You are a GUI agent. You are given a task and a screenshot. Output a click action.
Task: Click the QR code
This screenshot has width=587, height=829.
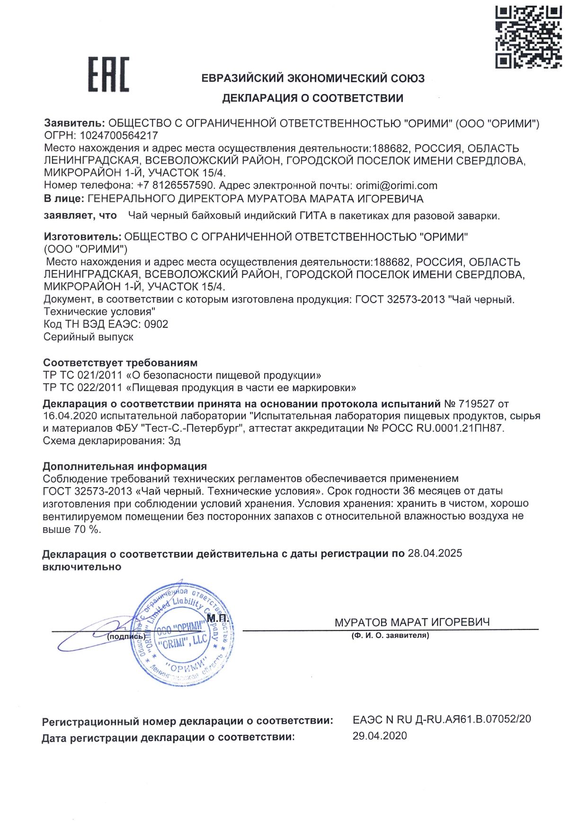(x=528, y=36)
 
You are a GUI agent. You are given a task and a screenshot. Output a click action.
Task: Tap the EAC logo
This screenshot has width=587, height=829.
(x=108, y=74)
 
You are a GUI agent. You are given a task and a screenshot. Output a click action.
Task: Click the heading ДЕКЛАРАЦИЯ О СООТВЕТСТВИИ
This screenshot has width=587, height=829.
(x=313, y=98)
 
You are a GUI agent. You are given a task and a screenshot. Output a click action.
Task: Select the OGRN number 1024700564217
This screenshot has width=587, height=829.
(x=119, y=136)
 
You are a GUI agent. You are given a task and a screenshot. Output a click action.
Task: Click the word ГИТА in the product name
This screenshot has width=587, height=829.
(x=313, y=216)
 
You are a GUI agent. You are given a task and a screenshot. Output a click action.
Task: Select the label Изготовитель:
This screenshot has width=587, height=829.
(x=82, y=236)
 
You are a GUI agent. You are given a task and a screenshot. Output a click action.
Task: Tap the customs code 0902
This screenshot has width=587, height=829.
(x=156, y=324)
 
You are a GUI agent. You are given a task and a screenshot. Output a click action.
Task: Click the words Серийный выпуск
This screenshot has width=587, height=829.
(x=88, y=337)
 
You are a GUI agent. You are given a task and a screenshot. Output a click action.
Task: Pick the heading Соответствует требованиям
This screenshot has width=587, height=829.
(x=120, y=363)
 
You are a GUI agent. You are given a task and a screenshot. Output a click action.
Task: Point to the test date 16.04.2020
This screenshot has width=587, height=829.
(x=70, y=416)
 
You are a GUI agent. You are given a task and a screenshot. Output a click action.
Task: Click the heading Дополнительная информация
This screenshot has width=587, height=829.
(x=125, y=466)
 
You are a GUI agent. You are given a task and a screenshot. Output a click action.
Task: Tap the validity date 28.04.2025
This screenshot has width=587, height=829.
(x=435, y=553)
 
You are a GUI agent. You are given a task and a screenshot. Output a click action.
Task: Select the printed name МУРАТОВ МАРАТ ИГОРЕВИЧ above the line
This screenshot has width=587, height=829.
(x=412, y=622)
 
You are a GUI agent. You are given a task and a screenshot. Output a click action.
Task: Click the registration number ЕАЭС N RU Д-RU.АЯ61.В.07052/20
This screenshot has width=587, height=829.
(x=442, y=719)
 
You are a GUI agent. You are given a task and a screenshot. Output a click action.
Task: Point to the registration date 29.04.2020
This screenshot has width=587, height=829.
(x=380, y=736)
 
